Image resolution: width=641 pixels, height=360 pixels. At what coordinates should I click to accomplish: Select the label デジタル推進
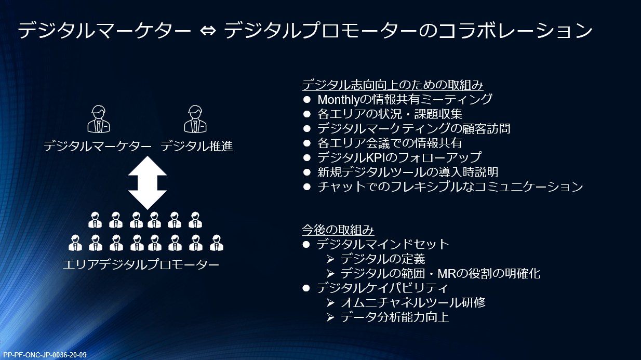click(197, 147)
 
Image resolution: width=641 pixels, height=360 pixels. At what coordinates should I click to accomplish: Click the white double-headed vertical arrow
click(147, 182)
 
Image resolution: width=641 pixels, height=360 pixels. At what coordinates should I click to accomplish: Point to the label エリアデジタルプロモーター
click(141, 265)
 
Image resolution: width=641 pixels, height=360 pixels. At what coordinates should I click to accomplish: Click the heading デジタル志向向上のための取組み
click(393, 85)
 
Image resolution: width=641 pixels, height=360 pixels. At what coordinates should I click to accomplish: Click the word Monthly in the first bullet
click(340, 99)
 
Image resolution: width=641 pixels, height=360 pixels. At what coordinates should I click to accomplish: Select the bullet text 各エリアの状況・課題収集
click(390, 114)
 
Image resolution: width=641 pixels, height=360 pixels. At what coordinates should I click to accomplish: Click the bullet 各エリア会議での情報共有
click(390, 143)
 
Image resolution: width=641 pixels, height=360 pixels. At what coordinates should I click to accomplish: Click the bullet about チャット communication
click(450, 186)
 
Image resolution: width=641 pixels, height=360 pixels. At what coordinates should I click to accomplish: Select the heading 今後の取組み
click(338, 230)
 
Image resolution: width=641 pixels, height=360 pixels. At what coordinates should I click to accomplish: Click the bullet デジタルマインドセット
click(383, 244)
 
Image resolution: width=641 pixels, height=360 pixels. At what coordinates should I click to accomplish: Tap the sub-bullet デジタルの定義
click(383, 259)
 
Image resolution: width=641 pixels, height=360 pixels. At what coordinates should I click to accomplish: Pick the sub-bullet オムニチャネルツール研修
click(413, 302)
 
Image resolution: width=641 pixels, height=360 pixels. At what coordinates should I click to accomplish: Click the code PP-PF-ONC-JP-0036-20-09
click(45, 355)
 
